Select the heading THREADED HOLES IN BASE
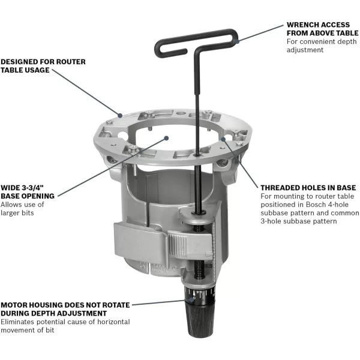(308, 188)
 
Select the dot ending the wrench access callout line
(237, 41)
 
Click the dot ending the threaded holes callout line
(223, 139)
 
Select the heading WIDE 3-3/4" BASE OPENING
(28, 191)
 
